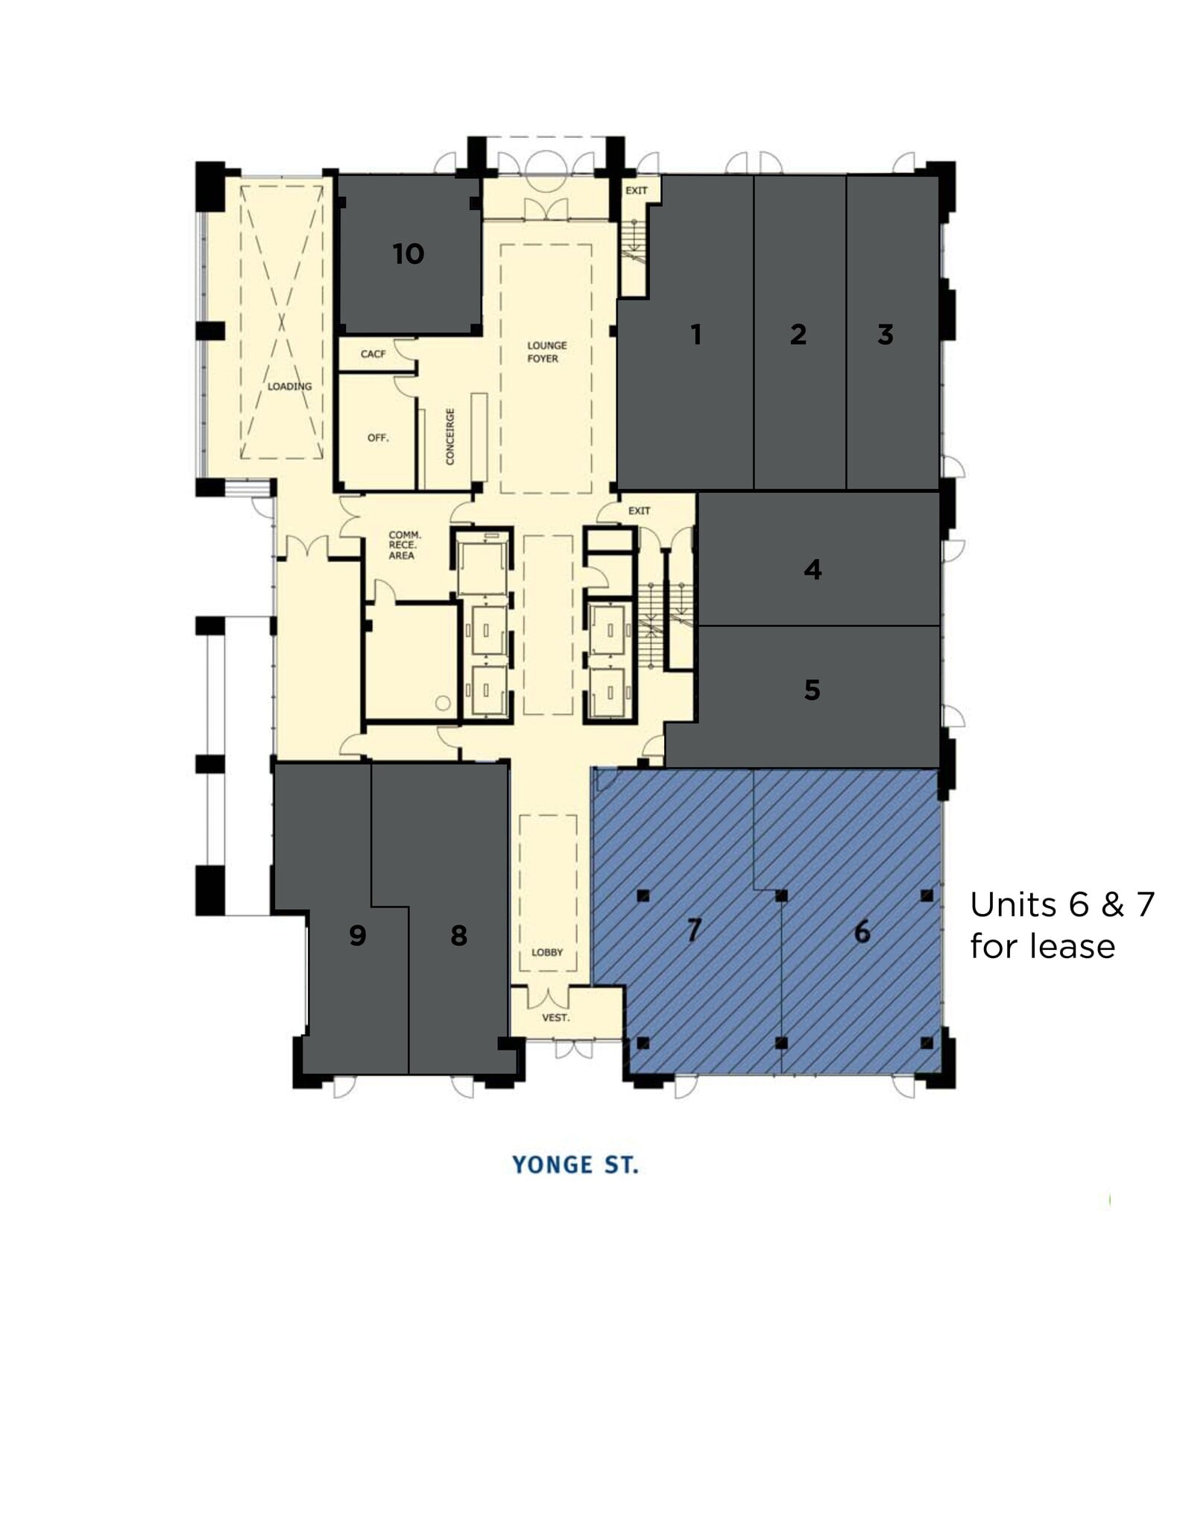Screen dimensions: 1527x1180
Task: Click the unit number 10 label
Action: [x=408, y=254]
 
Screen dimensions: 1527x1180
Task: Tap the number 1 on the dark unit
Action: [x=696, y=334]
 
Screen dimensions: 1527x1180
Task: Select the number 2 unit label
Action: [x=798, y=334]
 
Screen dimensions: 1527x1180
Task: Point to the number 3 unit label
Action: [x=885, y=334]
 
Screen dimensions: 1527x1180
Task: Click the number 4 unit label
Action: [x=813, y=570]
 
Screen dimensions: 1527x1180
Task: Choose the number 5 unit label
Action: [x=813, y=690]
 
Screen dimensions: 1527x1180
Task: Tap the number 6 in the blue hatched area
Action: [x=862, y=931]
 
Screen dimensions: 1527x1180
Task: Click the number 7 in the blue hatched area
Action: [x=694, y=930]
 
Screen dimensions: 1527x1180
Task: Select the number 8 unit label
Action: [x=459, y=935]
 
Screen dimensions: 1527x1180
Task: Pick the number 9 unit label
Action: [x=358, y=935]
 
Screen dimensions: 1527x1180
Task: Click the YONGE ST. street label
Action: [x=575, y=1165]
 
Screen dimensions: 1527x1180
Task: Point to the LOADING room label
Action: [x=290, y=386]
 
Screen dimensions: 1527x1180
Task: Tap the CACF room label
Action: [x=373, y=353]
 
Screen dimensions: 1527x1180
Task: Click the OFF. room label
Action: [x=378, y=438]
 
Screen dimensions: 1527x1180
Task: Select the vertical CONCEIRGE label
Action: [x=450, y=436]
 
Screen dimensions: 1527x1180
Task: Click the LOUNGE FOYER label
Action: [x=546, y=352]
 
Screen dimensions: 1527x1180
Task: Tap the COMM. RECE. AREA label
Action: [x=404, y=545]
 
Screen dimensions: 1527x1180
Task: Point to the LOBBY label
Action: [x=547, y=952]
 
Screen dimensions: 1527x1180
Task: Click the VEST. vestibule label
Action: [x=555, y=1017]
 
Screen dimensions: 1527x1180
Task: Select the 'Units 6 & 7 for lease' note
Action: [x=1061, y=925]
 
